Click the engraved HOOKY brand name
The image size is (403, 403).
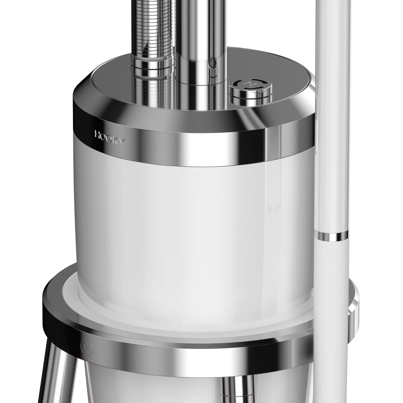109,138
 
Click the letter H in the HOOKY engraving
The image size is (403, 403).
98,135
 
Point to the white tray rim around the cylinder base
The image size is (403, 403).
167,312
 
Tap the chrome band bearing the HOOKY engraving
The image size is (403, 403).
195,145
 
